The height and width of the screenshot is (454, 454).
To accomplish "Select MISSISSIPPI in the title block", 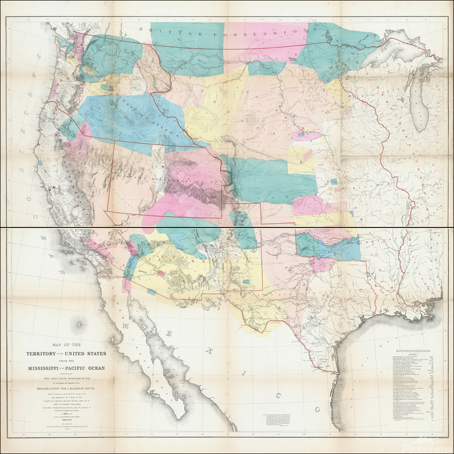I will [x=43, y=368].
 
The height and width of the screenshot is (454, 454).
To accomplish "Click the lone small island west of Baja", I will [x=79, y=320].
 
